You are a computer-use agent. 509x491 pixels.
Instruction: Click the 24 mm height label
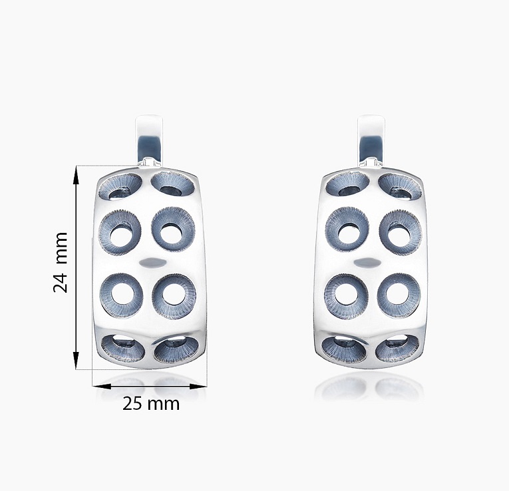(61, 262)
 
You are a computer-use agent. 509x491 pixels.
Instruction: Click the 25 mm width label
(151, 404)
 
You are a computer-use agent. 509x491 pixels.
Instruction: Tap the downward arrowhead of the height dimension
(76, 359)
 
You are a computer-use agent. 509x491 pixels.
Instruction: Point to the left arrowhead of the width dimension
(102, 386)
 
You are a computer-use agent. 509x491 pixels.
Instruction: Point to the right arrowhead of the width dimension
(198, 386)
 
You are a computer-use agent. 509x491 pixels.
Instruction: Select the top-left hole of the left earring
(120, 186)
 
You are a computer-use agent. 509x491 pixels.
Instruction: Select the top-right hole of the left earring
(173, 185)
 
